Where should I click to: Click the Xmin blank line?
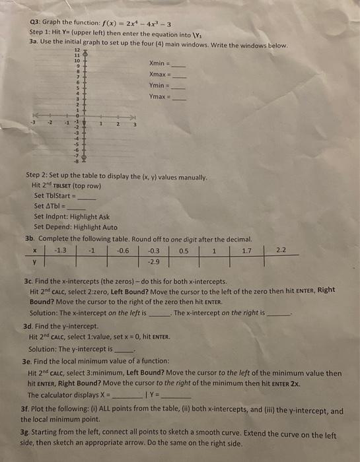(180, 65)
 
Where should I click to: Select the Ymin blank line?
(180, 88)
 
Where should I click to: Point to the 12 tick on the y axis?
(76, 50)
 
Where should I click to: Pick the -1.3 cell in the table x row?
(60, 249)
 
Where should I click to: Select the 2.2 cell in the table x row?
(282, 249)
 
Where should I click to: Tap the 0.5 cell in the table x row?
(184, 249)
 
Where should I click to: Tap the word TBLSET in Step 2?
(61, 185)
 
